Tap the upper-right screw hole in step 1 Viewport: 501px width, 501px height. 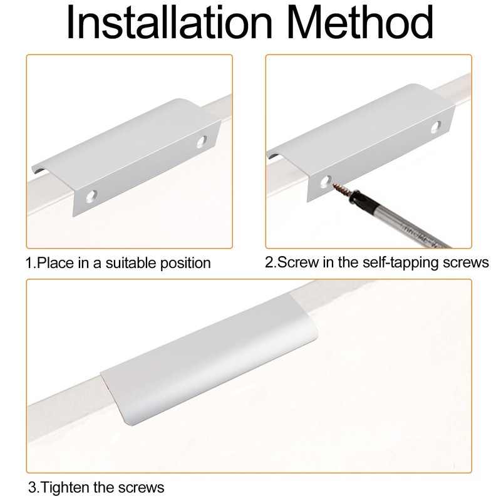201,142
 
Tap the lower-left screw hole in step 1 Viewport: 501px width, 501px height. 91,196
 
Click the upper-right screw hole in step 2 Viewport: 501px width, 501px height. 436,127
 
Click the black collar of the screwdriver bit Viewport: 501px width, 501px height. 357,199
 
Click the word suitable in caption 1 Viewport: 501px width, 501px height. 131,263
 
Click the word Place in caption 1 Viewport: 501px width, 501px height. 55,263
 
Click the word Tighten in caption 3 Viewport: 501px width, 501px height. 66,488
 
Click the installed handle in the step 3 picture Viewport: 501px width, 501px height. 209,359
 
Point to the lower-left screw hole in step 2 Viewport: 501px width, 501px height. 325,182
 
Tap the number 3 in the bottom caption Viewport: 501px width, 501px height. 32,488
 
